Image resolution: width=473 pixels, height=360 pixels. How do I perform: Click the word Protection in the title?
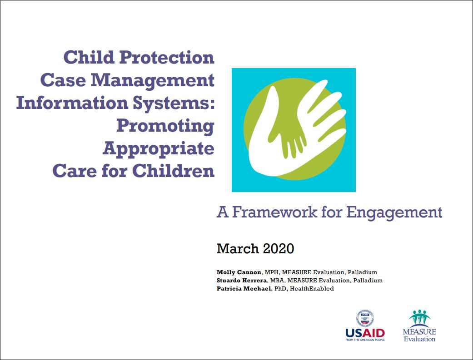[167, 57]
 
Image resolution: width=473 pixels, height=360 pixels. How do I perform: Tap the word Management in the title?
[153, 80]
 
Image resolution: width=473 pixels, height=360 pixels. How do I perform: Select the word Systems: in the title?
[174, 104]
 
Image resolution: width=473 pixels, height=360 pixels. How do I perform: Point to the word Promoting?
[165, 126]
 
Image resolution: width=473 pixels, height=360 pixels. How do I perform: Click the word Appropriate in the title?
[159, 149]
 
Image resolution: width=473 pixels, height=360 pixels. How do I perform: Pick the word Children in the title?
[173, 171]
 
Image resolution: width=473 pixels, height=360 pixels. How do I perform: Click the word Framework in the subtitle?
[274, 212]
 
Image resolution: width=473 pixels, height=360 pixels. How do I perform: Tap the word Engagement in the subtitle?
[394, 213]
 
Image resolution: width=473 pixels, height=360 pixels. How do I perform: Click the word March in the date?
[238, 249]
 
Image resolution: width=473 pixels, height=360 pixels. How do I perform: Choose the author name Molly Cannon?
[239, 272]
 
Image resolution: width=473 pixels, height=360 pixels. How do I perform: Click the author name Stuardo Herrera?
[242, 281]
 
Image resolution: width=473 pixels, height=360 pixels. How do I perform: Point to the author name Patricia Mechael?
[244, 289]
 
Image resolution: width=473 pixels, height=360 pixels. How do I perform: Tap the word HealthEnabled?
[312, 289]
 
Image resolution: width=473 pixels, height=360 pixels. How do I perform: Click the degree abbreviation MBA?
[277, 281]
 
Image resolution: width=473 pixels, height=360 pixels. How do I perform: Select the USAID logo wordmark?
[365, 333]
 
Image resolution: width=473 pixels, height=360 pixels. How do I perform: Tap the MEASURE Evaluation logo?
[419, 325]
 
